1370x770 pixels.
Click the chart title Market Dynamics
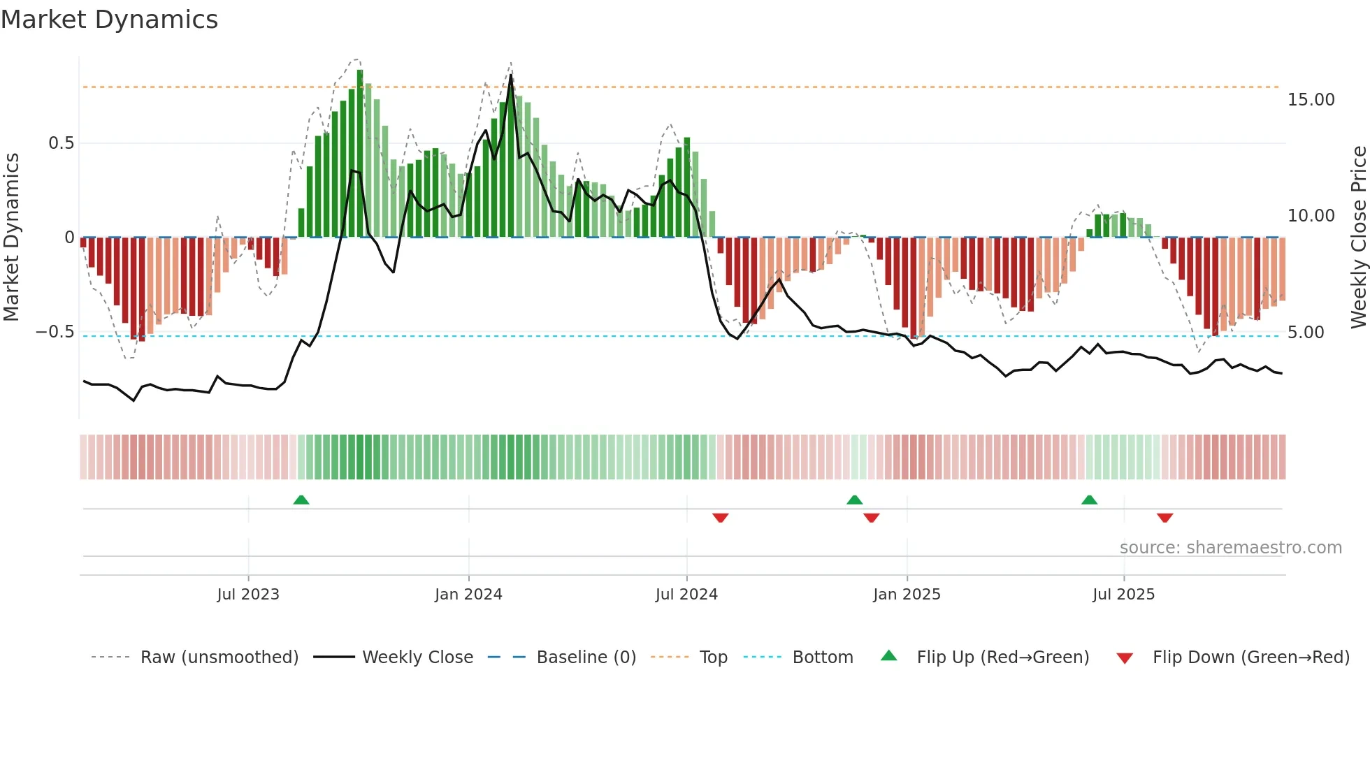109,20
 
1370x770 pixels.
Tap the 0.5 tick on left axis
61,143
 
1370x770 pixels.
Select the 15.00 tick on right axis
1311,100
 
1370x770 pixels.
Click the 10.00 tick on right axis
1311,216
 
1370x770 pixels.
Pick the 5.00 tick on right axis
1306,333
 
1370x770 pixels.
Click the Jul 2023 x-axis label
247,595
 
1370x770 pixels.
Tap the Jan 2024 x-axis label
468,595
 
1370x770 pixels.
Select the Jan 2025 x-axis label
907,595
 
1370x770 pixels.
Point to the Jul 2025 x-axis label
1123,595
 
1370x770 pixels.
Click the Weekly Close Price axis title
1358,237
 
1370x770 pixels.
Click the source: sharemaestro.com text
1230,548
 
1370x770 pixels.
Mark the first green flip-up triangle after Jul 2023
301,500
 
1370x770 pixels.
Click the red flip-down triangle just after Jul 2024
721,518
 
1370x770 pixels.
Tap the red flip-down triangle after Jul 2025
1164,518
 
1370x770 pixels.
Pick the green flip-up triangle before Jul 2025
1089,500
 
